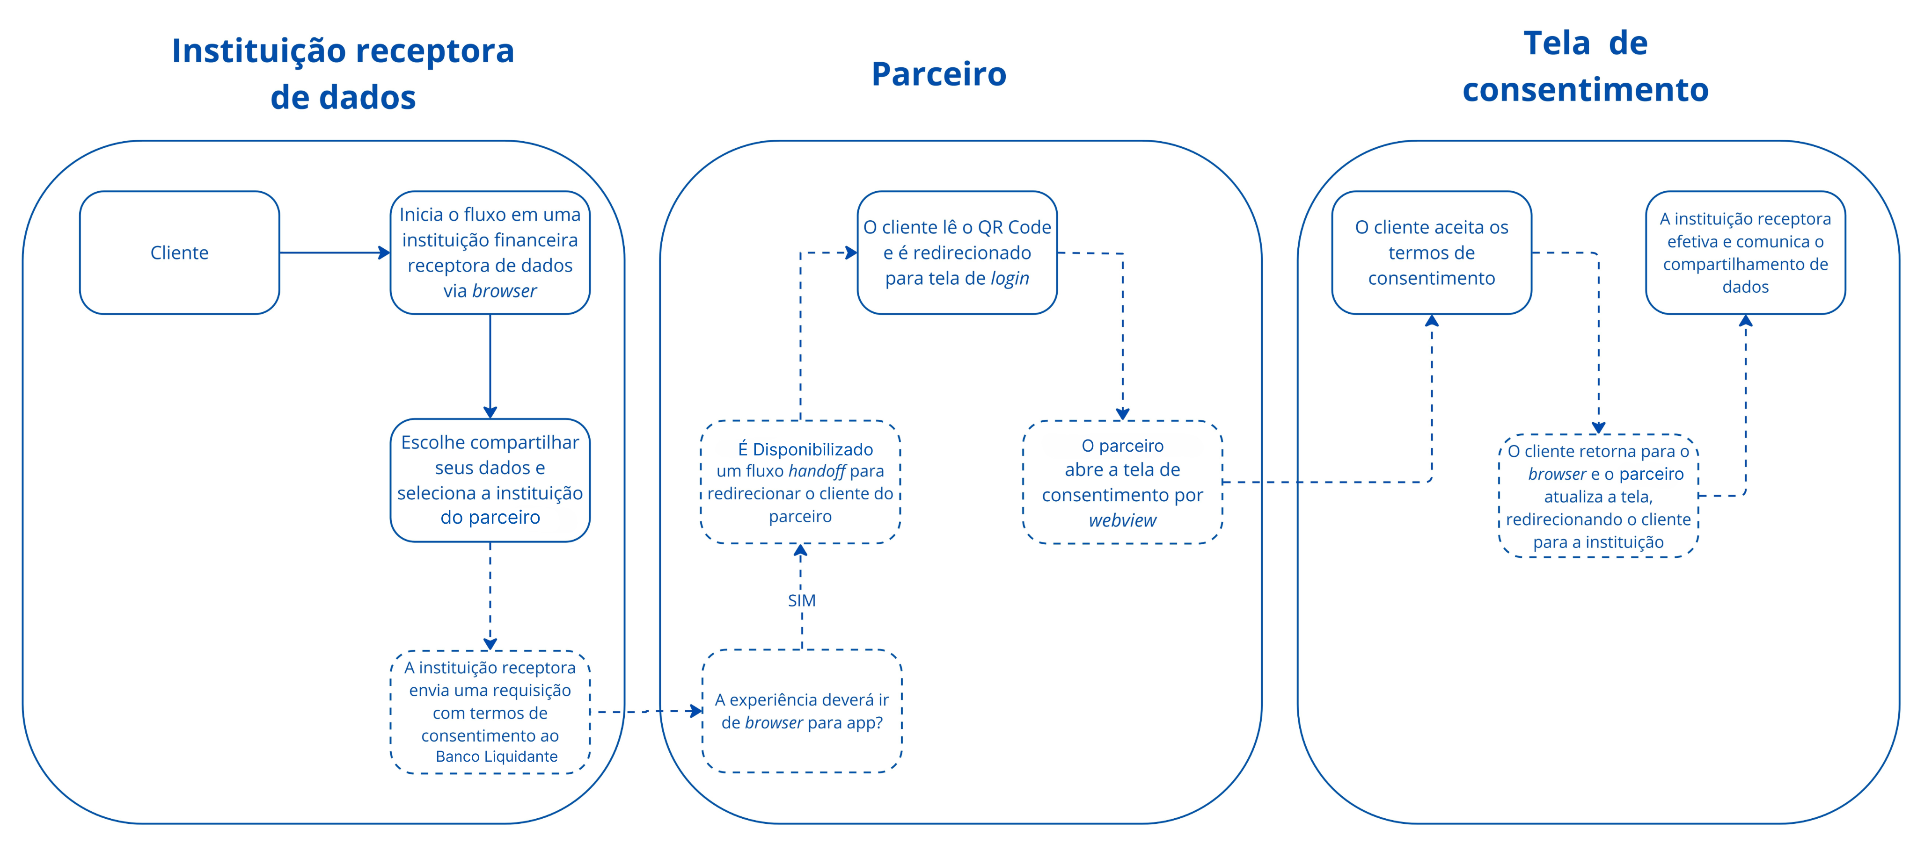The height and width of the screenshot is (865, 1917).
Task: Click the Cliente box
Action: pyautogui.click(x=179, y=253)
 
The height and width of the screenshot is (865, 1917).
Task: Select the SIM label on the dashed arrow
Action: pyautogui.click(x=801, y=600)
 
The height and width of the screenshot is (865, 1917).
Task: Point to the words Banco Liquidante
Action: pyautogui.click(x=497, y=757)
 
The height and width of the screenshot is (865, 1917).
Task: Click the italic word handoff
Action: pyautogui.click(x=817, y=471)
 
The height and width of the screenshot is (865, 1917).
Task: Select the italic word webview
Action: pyautogui.click(x=1122, y=520)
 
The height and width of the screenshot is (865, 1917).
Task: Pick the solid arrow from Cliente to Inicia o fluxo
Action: pyautogui.click(x=335, y=253)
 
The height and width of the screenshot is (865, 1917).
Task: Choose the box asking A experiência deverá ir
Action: pyautogui.click(x=801, y=711)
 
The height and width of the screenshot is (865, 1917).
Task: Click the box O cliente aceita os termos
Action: pyautogui.click(x=1431, y=253)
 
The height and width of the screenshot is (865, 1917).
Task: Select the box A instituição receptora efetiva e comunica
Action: pyautogui.click(x=1745, y=253)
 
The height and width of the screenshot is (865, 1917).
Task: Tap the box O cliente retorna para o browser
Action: pyautogui.click(x=1598, y=496)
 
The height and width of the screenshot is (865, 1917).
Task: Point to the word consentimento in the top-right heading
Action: pyautogui.click(x=1585, y=90)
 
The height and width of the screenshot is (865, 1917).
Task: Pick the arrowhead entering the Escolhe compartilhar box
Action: pyautogui.click(x=490, y=412)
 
